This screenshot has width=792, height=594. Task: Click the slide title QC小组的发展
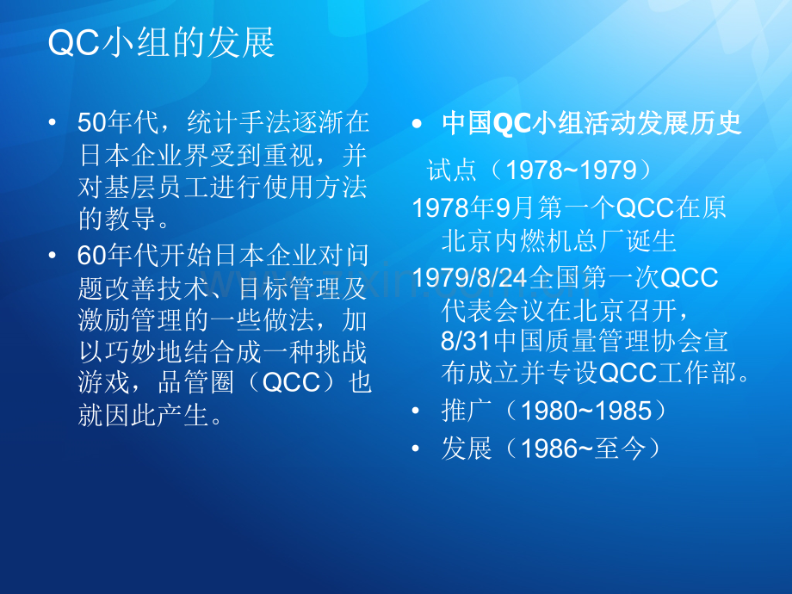(x=161, y=42)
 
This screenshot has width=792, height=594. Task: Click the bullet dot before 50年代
(x=52, y=123)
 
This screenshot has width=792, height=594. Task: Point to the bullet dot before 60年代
(x=52, y=256)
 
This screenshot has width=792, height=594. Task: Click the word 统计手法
(x=238, y=123)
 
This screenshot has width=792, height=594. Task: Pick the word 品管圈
(x=196, y=382)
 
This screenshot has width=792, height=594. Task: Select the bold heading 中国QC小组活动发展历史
(x=591, y=123)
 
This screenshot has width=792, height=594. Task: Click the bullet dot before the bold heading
(x=416, y=123)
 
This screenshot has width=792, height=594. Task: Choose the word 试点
(x=452, y=170)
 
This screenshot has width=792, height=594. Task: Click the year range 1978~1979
(x=572, y=170)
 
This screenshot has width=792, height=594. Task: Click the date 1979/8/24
(x=470, y=277)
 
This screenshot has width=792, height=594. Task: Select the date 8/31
(x=465, y=341)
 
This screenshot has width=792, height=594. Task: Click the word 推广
(x=466, y=411)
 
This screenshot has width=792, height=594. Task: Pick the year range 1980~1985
(x=586, y=411)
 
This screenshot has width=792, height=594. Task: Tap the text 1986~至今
(x=584, y=449)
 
